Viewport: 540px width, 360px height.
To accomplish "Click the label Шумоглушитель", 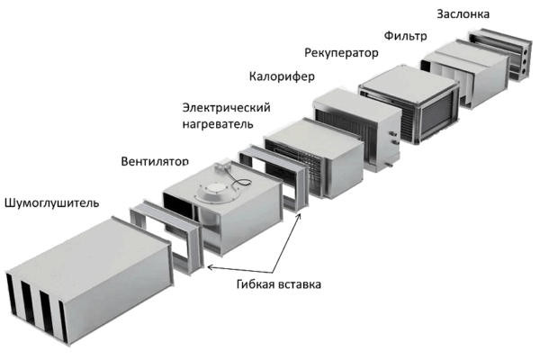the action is [x=51, y=202].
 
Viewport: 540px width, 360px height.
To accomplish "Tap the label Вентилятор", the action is [x=155, y=161].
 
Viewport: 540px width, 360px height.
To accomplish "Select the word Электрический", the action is [x=226, y=108].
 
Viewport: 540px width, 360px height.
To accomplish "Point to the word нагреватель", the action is [x=218, y=123].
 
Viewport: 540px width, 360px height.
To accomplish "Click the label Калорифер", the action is [x=282, y=76].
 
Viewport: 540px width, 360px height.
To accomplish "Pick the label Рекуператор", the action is [x=341, y=53].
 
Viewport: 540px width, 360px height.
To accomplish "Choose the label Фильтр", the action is [x=405, y=35].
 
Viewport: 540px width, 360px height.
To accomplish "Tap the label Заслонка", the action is [x=463, y=14].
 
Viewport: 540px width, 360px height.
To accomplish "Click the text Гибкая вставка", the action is [x=279, y=284].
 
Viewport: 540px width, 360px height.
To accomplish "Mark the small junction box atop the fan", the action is [x=220, y=166].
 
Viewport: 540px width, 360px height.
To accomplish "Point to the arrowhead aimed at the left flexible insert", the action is [x=210, y=267].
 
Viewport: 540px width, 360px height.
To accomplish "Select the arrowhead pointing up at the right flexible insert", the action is [x=300, y=216].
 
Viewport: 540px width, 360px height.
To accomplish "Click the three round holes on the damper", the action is [x=524, y=62].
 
